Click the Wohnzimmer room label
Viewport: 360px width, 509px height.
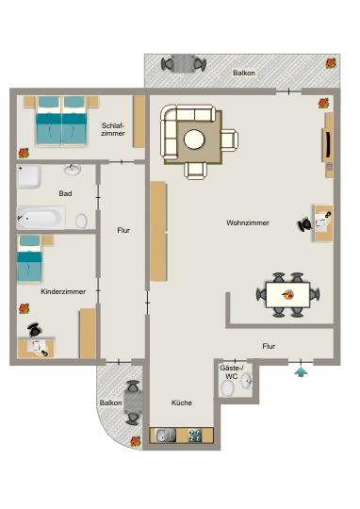pos(248,223)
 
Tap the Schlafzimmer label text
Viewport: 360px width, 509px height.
pos(113,129)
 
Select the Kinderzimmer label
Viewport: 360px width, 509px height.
pos(63,292)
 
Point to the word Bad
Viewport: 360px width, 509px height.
pos(65,194)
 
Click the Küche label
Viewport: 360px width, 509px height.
pos(182,402)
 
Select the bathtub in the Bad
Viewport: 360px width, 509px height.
pos(41,218)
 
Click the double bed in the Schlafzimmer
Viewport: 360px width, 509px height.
pos(59,120)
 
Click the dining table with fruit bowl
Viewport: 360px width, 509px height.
pos(286,294)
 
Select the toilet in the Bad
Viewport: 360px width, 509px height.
pos(81,221)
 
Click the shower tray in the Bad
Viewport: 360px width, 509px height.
pos(28,176)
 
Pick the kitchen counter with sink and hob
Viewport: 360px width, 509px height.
pos(182,435)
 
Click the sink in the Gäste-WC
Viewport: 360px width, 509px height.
pos(247,381)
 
